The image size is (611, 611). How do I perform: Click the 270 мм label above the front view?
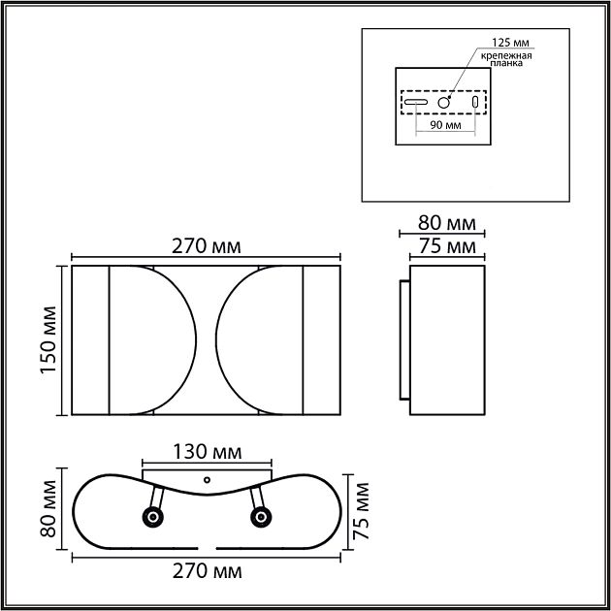[206, 246]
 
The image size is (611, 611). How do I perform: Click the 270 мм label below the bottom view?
[206, 571]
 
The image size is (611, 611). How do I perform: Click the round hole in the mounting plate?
[443, 102]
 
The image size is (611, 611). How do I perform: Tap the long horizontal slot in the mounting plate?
[417, 102]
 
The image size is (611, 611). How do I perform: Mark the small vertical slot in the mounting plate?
[474, 102]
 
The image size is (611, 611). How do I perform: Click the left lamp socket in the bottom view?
[151, 518]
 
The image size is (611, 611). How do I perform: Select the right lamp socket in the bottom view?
[260, 518]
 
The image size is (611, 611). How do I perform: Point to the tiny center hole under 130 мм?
[206, 478]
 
